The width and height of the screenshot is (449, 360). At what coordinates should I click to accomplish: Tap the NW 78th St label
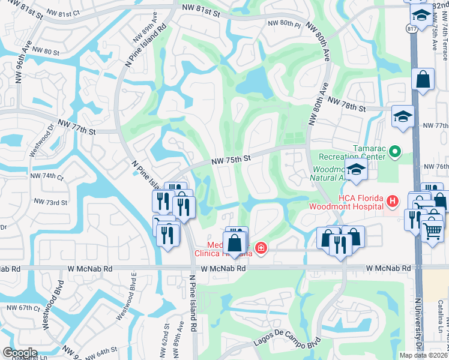pos(346,106)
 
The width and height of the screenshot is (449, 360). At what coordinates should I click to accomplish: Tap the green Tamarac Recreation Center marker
pos(395,152)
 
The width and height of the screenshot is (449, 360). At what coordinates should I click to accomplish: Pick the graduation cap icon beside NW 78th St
pos(403,115)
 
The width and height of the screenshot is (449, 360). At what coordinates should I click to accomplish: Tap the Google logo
pos(19,353)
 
